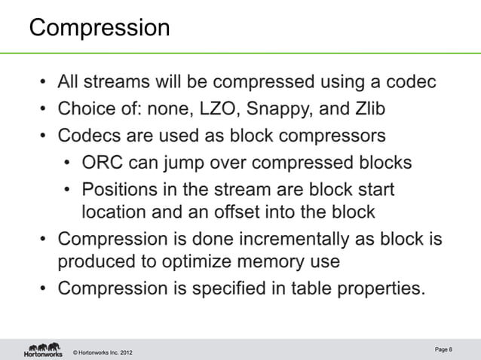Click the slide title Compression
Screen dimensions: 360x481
100,29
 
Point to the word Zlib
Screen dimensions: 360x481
366,109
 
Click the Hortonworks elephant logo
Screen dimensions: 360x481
43,349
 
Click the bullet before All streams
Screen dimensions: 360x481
45,82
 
